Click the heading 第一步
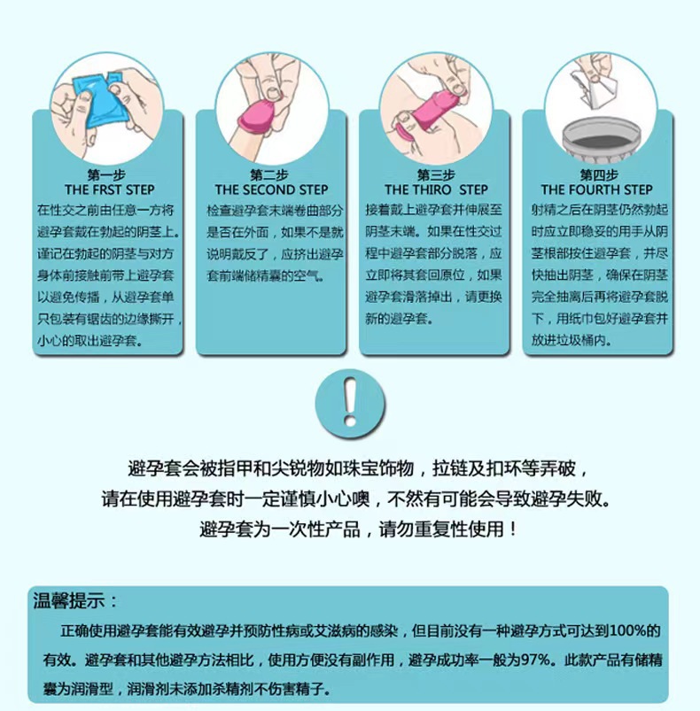(x=109, y=174)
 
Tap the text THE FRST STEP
(x=109, y=189)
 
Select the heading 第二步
(x=269, y=174)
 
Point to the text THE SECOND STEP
(x=271, y=189)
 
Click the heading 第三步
(x=435, y=174)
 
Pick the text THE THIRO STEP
(x=436, y=189)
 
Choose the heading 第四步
(x=598, y=174)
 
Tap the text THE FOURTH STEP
(x=597, y=189)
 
